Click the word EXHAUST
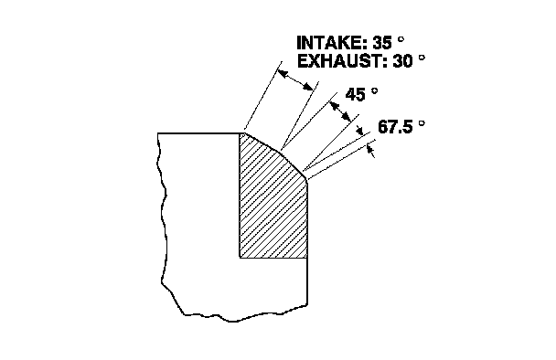click(341, 61)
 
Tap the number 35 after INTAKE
click(382, 43)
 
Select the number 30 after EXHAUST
click(402, 61)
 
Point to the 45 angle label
click(355, 95)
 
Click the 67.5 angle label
click(395, 127)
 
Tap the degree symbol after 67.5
click(422, 123)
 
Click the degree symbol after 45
click(374, 90)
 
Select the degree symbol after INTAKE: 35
click(401, 39)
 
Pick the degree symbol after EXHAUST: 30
click(422, 58)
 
